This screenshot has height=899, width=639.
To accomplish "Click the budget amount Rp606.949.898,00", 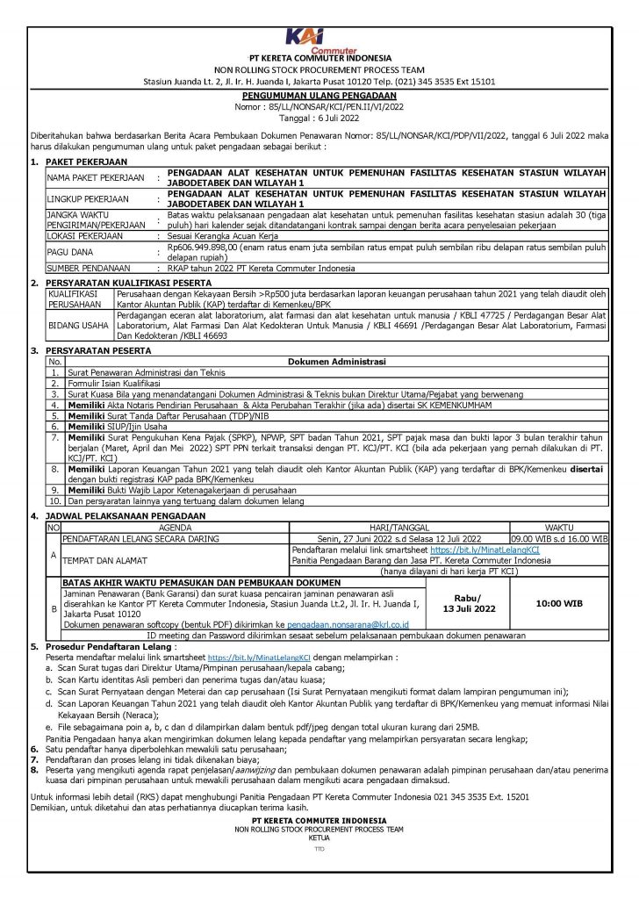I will coord(205,248).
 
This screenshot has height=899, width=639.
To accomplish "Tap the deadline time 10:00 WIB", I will coord(558,604).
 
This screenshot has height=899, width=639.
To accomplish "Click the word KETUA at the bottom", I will coord(319,838).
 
